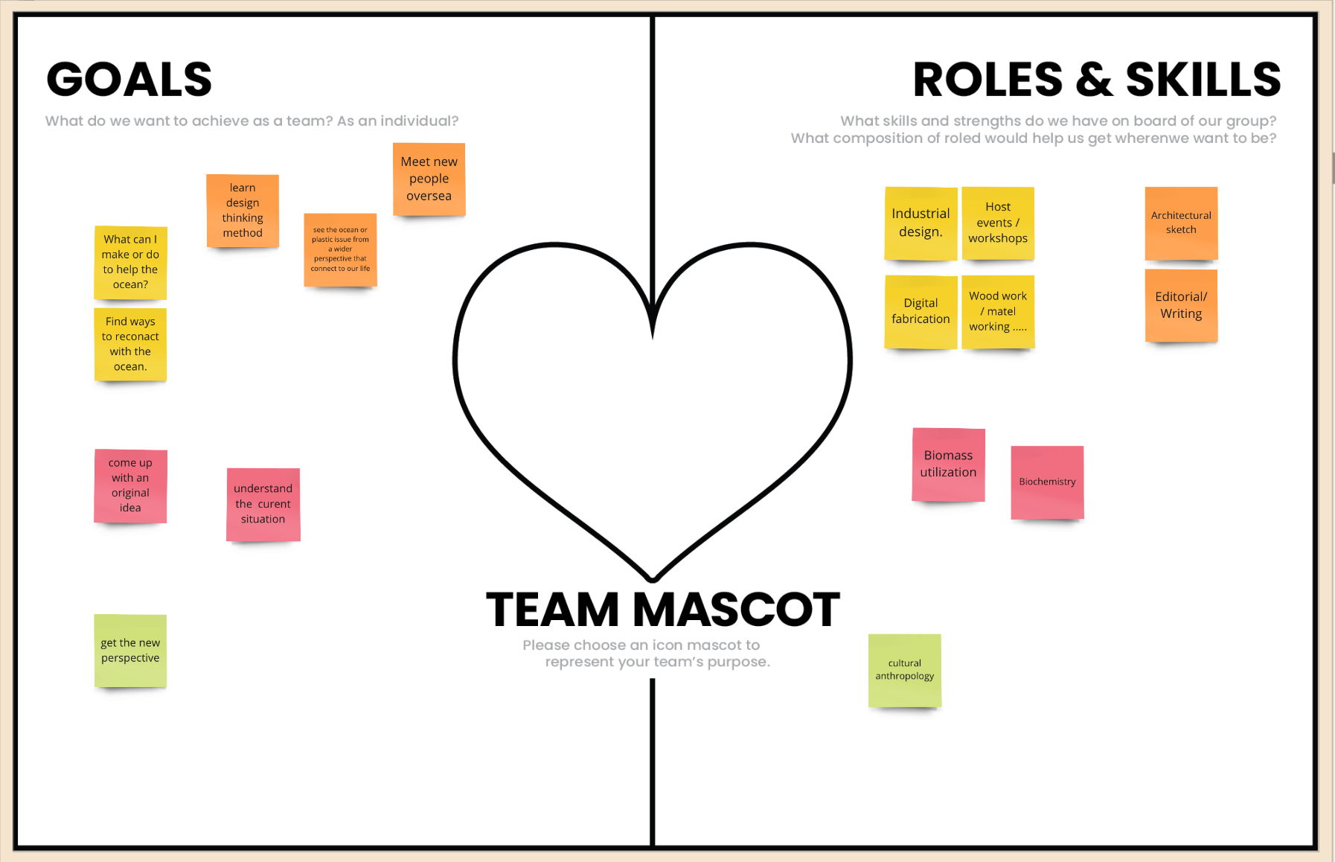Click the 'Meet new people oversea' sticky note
click(429, 179)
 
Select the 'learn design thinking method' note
click(243, 211)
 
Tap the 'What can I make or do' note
click(130, 262)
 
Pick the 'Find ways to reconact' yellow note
click(130, 344)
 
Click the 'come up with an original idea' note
click(130, 485)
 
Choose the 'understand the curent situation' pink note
click(263, 504)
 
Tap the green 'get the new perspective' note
click(130, 651)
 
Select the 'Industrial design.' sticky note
click(921, 223)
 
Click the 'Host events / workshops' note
click(998, 223)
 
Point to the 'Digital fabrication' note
click(921, 311)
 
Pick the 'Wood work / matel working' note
click(998, 311)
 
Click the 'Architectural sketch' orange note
click(1181, 223)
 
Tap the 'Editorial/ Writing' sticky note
click(1181, 305)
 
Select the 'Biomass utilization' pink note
click(948, 464)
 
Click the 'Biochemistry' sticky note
click(1047, 482)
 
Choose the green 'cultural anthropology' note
click(904, 670)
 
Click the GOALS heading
click(129, 80)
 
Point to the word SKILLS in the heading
click(1203, 80)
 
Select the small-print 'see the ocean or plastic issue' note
click(340, 249)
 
